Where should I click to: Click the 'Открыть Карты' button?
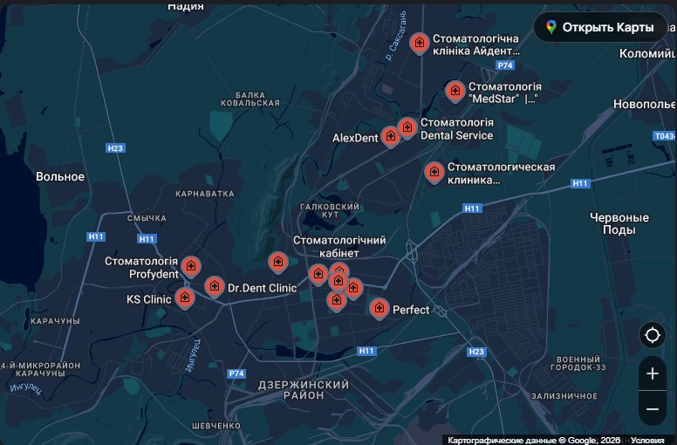coord(600,27)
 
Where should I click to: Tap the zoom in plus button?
coord(652,373)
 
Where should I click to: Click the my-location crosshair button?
coord(652,335)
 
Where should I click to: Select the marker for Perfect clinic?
coord(379,308)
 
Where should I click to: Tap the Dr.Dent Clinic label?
coord(262,287)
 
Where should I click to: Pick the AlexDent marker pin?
coord(390,136)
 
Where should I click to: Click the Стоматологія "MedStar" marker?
coord(455,91)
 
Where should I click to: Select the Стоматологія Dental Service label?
coord(456,129)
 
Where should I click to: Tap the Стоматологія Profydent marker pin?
coord(190,266)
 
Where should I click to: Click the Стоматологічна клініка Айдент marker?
coord(420,43)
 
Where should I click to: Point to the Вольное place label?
coord(60,176)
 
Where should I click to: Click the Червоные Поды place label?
coord(619,223)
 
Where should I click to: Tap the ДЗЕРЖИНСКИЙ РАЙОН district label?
coord(304,390)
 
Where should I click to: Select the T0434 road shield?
coord(665,136)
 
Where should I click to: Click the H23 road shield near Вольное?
coord(115,148)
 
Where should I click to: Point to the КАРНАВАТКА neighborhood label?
coord(205,194)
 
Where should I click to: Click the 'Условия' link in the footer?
coord(647,440)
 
